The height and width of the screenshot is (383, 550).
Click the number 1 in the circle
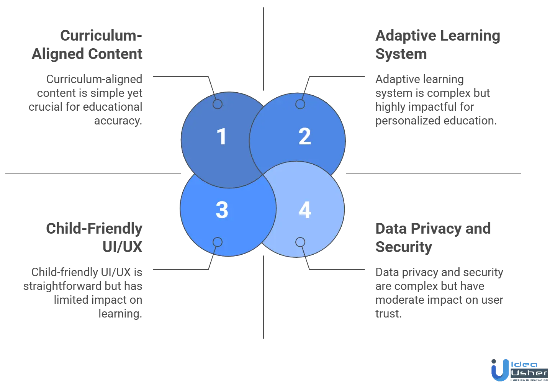point(221,137)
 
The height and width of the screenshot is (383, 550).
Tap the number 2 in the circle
point(304,137)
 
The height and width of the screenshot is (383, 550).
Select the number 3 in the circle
point(222,210)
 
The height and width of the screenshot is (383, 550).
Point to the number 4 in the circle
point(304,210)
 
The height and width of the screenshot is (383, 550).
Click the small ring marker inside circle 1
point(218,104)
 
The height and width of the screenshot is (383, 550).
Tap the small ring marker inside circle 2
point(300,104)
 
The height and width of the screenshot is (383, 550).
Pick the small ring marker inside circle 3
point(218,242)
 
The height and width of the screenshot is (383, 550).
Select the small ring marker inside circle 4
point(300,242)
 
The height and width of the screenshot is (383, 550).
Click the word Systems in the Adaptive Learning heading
point(401,54)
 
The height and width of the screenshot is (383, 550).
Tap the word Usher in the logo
point(530,373)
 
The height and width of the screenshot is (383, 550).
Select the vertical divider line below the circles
point(263,297)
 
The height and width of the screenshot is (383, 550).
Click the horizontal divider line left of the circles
point(92,173)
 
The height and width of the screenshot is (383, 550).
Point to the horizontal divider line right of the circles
point(433,173)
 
